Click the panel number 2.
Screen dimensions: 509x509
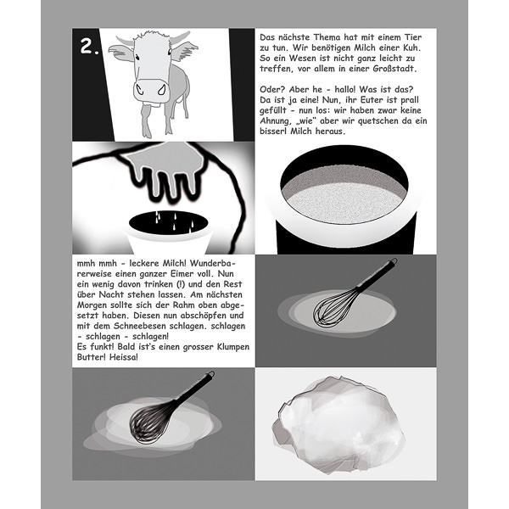90,47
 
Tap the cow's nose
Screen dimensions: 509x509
152,89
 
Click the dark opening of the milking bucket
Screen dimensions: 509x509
168,222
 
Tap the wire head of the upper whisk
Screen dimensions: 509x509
333,308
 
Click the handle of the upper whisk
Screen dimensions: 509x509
376,274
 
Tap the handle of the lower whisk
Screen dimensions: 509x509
194,387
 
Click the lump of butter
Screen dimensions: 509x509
338,423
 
